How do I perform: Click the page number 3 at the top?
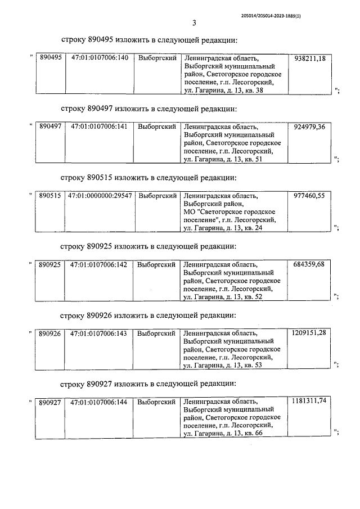coord(193,23)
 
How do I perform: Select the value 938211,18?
coord(309,58)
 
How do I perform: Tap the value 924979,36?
coord(309,127)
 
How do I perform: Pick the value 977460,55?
coord(309,196)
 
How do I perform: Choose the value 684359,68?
coord(309,264)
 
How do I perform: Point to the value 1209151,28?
coord(309,333)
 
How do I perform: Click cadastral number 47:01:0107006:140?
coord(100,58)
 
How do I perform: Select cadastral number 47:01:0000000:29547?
coord(100,196)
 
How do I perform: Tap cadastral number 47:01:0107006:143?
coord(100,333)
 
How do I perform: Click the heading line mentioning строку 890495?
coord(149,40)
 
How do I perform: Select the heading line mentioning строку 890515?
coord(149,178)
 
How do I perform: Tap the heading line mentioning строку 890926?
coord(149,315)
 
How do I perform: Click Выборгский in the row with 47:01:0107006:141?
coord(157,127)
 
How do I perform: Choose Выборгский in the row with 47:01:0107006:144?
coord(157,402)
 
